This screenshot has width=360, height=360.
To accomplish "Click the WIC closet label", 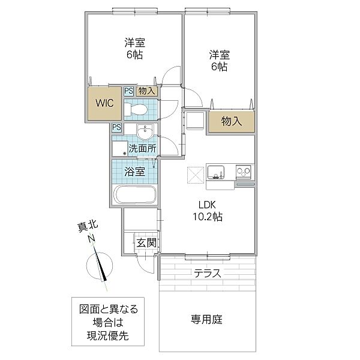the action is point(104,103).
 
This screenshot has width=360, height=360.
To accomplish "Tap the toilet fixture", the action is point(136,109).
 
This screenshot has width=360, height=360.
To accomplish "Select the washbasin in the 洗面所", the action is point(145,132).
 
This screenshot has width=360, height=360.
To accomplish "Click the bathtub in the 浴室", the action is point(135,194).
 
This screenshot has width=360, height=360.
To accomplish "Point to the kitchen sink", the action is point(216,172).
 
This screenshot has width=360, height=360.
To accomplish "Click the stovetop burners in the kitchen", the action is point(244,171).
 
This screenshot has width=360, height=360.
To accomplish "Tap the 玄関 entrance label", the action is point(146,242).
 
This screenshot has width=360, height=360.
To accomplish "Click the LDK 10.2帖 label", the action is point(208,211).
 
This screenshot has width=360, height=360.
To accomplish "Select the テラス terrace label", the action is point(208,273).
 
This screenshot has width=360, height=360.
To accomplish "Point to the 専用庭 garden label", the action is point(207,319).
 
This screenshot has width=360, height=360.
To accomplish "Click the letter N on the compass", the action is point(91,239).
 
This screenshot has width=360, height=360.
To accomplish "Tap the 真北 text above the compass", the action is point(88,226).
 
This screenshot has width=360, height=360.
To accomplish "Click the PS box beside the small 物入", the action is point(129,91).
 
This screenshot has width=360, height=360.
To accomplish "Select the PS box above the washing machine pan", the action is point(117,127).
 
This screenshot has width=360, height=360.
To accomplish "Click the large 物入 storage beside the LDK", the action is point(232,121).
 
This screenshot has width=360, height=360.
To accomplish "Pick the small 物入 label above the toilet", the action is point(146,91).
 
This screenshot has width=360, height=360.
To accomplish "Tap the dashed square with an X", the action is point(196,175).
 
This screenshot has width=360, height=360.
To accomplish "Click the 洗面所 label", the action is point(142,149).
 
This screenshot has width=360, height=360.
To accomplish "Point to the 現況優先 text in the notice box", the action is point(107,336).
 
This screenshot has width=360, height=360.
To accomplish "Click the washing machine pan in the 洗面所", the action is point(120,149).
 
